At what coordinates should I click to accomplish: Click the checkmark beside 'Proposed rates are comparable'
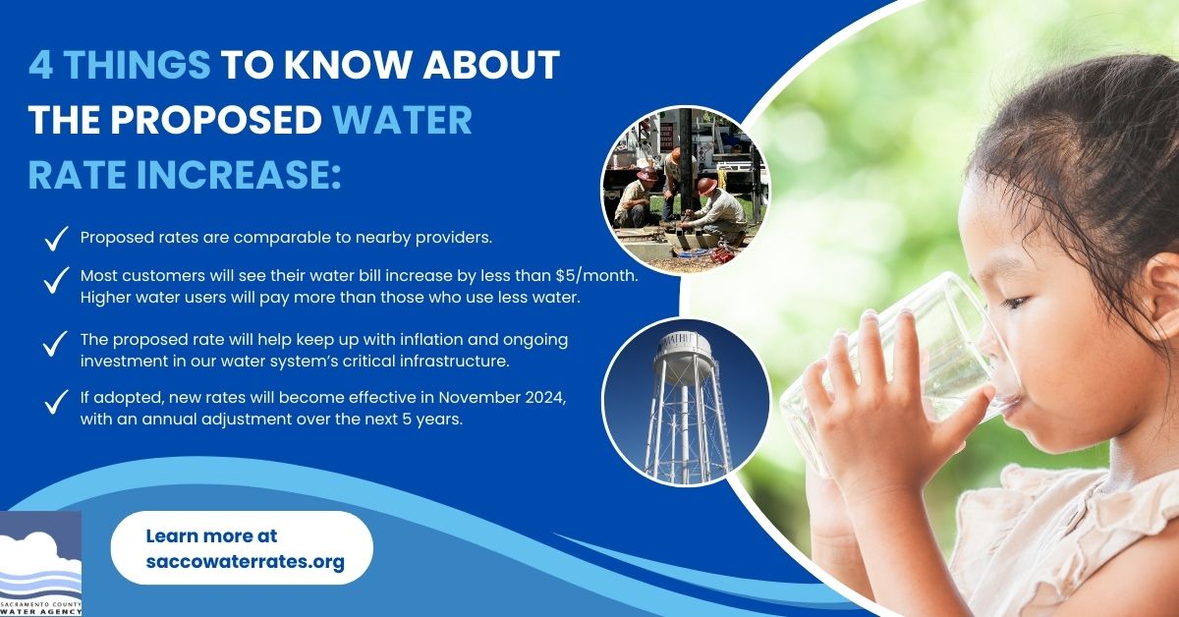tap(56, 237)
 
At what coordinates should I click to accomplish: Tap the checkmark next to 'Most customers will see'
tap(56, 279)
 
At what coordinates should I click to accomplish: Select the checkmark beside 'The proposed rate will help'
tap(56, 345)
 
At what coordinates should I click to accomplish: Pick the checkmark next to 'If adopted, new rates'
tap(56, 403)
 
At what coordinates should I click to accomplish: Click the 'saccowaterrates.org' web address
tap(245, 562)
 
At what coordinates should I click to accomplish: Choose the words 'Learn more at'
tap(211, 536)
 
